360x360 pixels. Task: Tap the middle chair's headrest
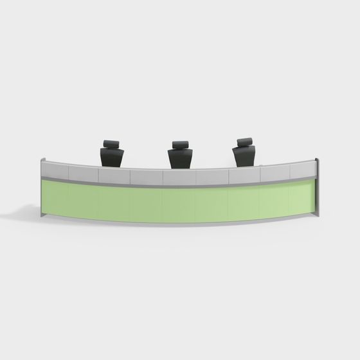pyautogui.click(x=180, y=145)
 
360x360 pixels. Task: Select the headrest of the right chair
pyautogui.click(x=244, y=142)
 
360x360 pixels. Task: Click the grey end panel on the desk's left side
pyautogui.click(x=42, y=190)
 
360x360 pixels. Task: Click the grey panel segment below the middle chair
pyautogui.click(x=179, y=177)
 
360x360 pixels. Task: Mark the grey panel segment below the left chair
pyautogui.click(x=114, y=175)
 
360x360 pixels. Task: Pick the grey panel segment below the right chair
pyautogui.click(x=245, y=175)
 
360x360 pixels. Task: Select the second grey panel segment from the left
pyautogui.click(x=83, y=172)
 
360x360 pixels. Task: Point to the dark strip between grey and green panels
pyautogui.click(x=180, y=186)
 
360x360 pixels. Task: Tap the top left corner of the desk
pyautogui.click(x=42, y=160)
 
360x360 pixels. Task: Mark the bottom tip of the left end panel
pyautogui.click(x=44, y=217)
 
